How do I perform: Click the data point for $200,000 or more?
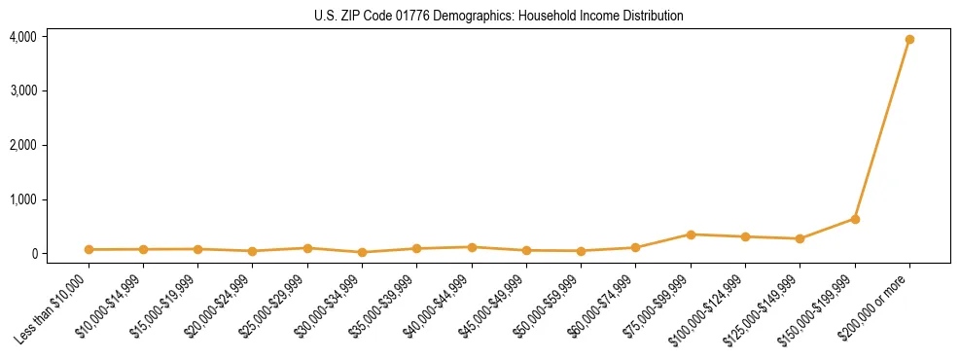coord(909,40)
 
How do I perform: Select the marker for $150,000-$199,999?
coord(855,219)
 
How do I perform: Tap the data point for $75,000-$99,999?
coord(691,234)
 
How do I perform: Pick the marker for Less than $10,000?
coord(89,250)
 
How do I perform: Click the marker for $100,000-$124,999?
coord(745,236)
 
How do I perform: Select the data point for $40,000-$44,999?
coord(472,247)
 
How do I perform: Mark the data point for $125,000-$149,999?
coord(800,238)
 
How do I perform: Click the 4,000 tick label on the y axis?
coord(22,37)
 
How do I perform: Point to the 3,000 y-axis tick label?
coord(22,90)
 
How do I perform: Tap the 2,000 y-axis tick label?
coord(22,145)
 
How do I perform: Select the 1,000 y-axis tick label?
coord(22,199)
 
